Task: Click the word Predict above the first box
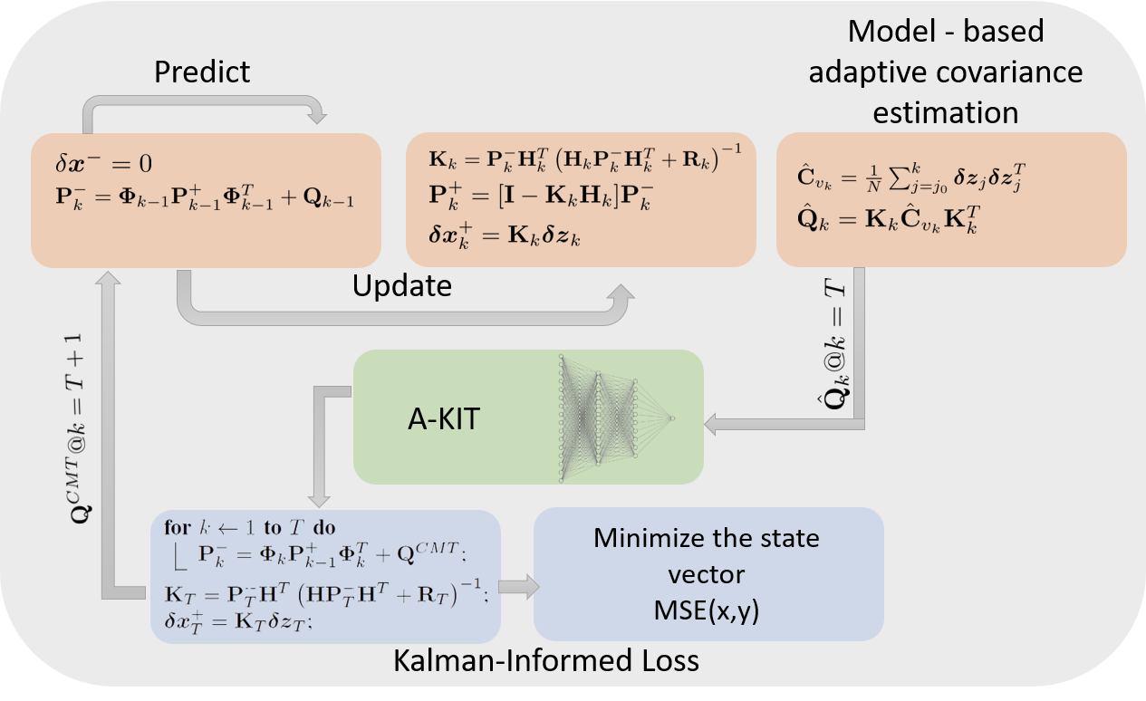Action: pyautogui.click(x=201, y=72)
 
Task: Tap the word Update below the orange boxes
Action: pyautogui.click(x=401, y=287)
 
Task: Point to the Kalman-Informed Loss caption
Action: pyautogui.click(x=545, y=661)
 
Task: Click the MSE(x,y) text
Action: pyautogui.click(x=707, y=611)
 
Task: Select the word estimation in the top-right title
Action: pyautogui.click(x=945, y=112)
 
